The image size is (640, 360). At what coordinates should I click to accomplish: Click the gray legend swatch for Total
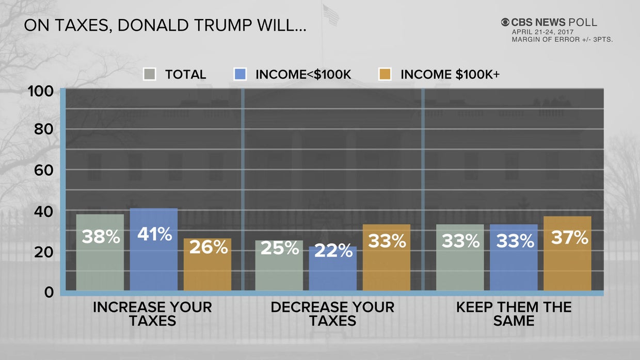(149, 74)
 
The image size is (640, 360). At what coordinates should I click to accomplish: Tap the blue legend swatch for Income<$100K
(239, 74)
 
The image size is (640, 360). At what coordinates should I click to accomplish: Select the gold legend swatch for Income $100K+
(385, 74)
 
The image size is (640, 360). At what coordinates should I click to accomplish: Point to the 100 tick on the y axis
(40, 91)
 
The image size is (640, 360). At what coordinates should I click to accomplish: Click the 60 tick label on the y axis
(43, 170)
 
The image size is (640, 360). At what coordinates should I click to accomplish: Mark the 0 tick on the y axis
(48, 292)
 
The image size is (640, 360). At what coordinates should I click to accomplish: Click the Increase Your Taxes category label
(152, 314)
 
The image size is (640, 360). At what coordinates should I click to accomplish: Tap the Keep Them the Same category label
(514, 314)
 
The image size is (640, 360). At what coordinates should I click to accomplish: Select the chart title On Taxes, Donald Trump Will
(165, 26)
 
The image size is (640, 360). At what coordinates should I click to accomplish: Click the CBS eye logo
(505, 22)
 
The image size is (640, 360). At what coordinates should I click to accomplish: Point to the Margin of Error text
(562, 39)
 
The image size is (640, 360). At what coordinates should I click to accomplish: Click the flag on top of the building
(331, 15)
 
